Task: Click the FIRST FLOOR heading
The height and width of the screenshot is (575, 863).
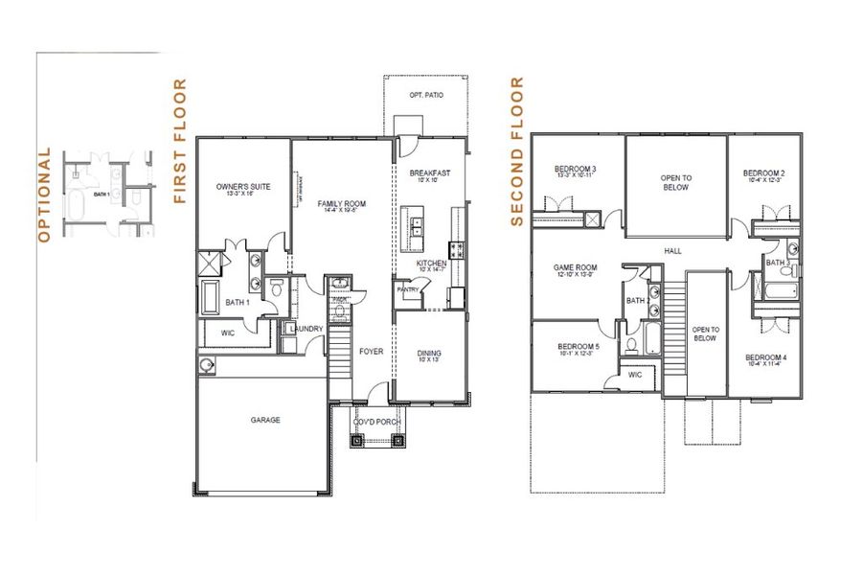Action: tap(179, 142)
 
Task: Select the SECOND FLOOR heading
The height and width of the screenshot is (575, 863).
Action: tap(517, 152)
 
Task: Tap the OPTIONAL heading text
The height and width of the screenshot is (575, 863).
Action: tap(42, 195)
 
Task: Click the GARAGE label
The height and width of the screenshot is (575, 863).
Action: tap(265, 419)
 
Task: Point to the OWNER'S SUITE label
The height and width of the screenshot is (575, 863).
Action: tap(238, 186)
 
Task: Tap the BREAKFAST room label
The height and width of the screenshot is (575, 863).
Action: tap(429, 173)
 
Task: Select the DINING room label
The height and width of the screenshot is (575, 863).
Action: tap(428, 353)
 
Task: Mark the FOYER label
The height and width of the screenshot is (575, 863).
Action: tap(371, 352)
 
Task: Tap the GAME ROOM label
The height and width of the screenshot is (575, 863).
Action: tap(576, 268)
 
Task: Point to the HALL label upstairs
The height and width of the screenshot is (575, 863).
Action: tap(673, 251)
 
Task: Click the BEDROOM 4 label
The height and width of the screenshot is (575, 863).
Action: tap(764, 357)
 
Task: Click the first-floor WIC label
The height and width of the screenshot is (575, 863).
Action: tap(227, 333)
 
